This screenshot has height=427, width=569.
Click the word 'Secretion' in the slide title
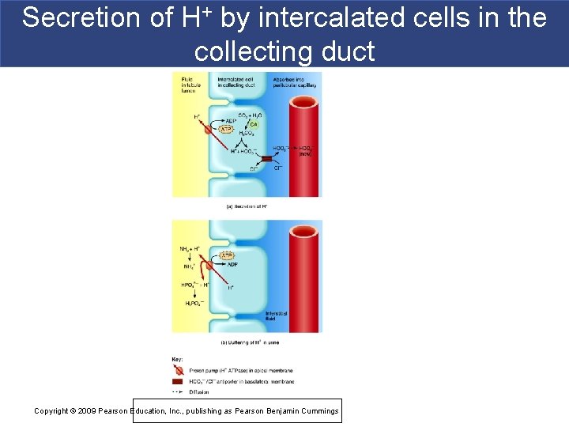[71, 17]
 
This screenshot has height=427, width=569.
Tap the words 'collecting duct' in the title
[284, 51]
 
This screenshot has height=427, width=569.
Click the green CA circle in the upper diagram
[254, 123]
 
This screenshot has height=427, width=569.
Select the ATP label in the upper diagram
[226, 129]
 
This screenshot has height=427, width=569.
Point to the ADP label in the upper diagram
[231, 120]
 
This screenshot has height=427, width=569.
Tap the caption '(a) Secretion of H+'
[246, 206]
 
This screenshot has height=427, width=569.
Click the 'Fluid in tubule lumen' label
[190, 84]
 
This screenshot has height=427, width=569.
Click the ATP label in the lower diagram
[226, 255]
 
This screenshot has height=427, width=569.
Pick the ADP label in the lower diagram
[232, 265]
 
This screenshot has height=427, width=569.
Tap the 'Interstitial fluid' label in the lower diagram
[277, 316]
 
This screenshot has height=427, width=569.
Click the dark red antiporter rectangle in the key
[178, 380]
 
